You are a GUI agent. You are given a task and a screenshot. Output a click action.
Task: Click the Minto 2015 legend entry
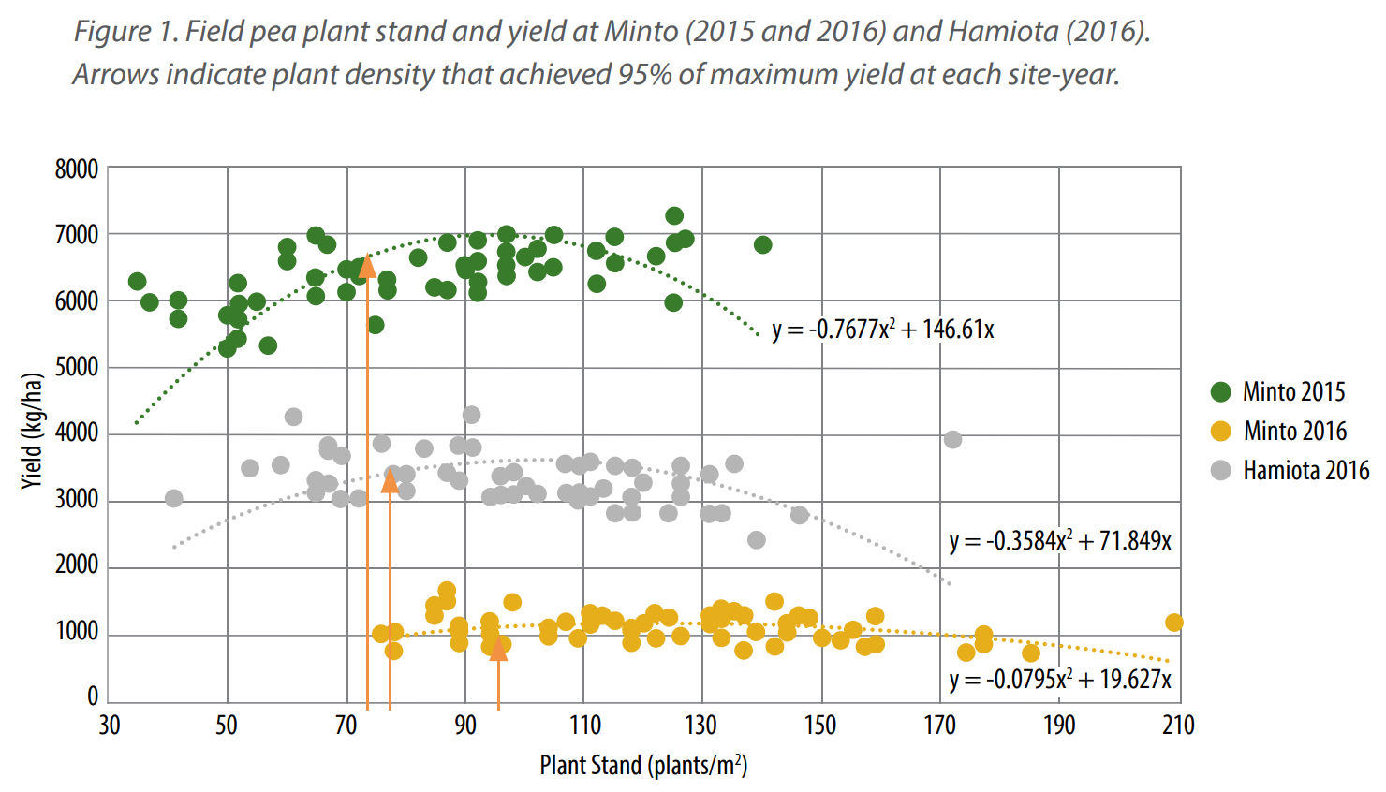(1292, 391)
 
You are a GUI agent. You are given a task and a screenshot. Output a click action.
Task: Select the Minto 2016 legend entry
(1294, 431)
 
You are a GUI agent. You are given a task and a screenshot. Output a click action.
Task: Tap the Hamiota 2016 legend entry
(1305, 470)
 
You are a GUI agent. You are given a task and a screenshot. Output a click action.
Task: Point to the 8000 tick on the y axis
(77, 169)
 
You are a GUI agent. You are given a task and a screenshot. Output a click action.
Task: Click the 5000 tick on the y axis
(77, 367)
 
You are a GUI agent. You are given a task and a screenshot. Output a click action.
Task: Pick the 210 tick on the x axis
(1178, 726)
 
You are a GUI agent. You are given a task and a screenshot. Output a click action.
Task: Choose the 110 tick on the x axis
(584, 726)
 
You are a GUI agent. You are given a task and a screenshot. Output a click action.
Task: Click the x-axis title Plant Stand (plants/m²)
(643, 766)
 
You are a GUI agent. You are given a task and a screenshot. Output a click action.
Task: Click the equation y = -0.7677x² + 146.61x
(882, 330)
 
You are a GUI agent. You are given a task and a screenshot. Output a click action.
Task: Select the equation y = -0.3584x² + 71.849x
(1059, 541)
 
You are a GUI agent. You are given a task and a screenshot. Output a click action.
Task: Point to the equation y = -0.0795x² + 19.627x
(1059, 680)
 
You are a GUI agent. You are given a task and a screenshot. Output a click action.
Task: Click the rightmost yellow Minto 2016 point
(1174, 623)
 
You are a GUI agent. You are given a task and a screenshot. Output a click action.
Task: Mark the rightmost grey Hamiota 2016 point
(952, 439)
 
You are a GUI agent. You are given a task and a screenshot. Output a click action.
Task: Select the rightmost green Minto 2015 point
(762, 244)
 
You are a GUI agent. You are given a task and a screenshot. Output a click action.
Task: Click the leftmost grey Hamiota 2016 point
(173, 498)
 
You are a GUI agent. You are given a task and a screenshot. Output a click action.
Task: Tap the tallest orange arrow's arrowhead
(367, 267)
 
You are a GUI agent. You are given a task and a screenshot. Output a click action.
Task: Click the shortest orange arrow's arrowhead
(498, 649)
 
